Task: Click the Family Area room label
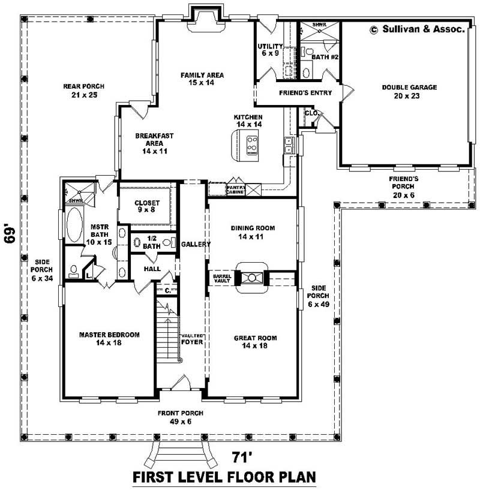pos(202,79)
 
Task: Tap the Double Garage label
pos(409,91)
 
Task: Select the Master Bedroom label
pos(110,338)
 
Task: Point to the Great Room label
pos(255,342)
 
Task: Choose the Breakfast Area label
pos(154,143)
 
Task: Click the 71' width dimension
pos(243,458)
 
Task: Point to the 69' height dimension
pos(10,233)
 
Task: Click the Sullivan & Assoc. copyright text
pos(418,28)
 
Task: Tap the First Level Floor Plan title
pos(224,477)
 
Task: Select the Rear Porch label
pos(80,91)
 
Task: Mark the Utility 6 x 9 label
pos(269,50)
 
